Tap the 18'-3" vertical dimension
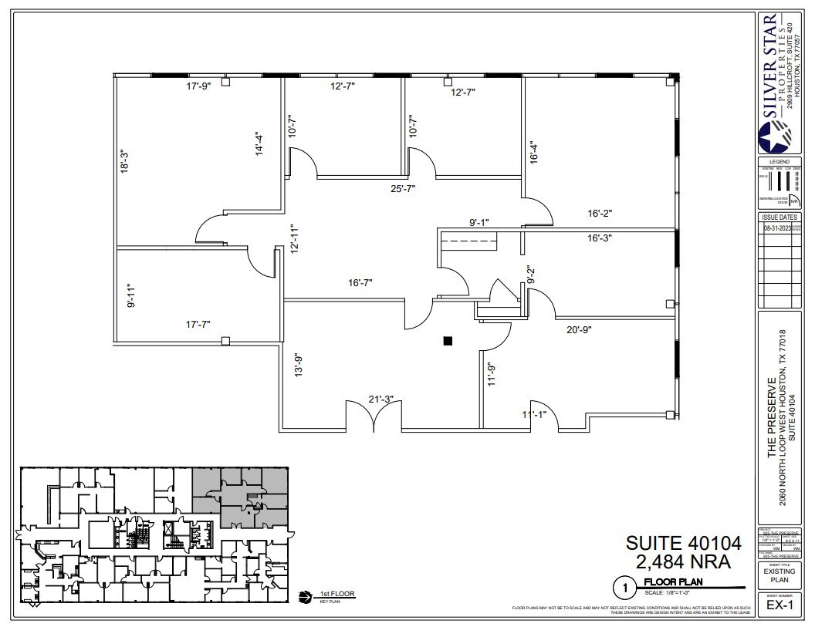(x=123, y=161)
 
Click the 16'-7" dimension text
(x=360, y=283)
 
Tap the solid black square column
(x=448, y=340)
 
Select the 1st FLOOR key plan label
(x=331, y=594)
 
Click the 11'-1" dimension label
(x=534, y=415)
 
